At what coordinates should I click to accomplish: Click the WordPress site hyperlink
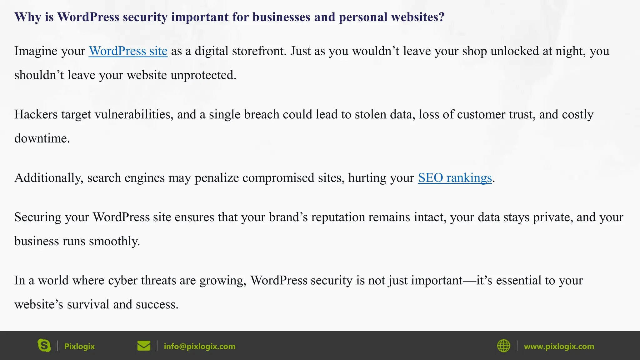(x=128, y=51)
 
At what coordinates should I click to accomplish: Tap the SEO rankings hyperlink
(x=455, y=178)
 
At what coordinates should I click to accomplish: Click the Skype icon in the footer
(x=44, y=346)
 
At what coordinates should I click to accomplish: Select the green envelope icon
(x=144, y=346)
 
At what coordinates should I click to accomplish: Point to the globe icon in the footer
(x=503, y=346)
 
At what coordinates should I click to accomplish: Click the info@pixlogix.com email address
(x=199, y=346)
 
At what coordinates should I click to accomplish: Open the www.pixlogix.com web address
(x=559, y=346)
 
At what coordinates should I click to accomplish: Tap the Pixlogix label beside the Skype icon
(x=79, y=346)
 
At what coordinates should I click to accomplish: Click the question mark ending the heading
(x=441, y=17)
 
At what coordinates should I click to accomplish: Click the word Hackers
(x=36, y=115)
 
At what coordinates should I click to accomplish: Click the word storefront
(x=259, y=51)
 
